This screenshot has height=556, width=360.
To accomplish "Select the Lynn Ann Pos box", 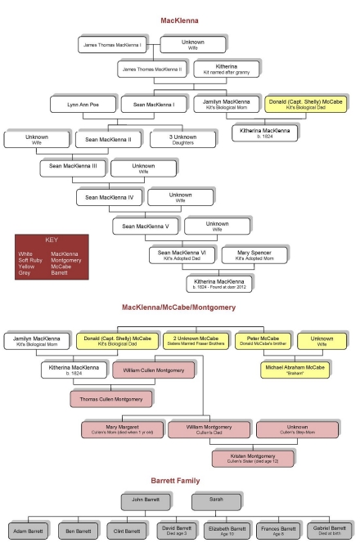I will point(83,105).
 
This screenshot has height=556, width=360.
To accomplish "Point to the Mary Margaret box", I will point(121,428).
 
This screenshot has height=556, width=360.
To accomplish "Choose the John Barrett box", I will point(146,500).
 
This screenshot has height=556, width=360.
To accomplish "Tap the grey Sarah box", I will point(217,500).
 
